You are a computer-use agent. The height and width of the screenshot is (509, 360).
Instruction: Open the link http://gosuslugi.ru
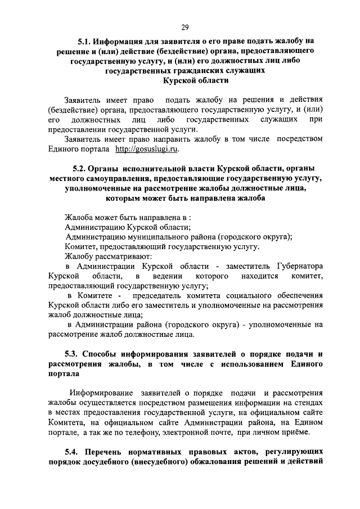(147, 149)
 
